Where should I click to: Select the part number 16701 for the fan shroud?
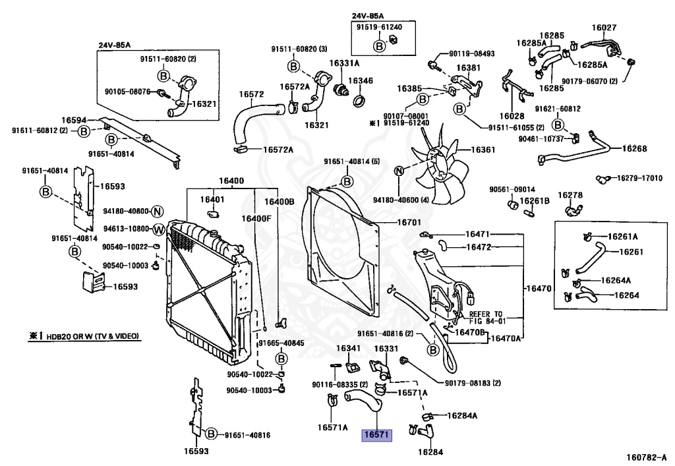pos(408,222)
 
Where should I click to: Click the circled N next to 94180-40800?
pos(157,212)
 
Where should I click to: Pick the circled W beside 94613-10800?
pos(158,229)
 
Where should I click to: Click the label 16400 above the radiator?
pos(231,181)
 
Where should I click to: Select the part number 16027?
pos(603,28)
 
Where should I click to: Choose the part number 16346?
pos(361,81)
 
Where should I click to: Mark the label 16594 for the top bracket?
pos(74,120)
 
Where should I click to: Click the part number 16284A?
pos(461,415)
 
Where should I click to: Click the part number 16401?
pos(212,199)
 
